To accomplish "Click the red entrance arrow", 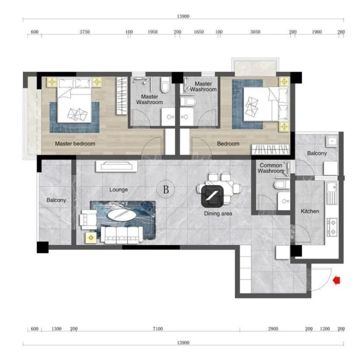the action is point(336,280).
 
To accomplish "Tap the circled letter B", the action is point(166,189).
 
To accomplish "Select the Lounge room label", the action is point(119,190).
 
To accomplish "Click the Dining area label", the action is point(218,214).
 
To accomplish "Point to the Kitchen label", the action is point(310,211).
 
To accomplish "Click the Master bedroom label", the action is point(75,144).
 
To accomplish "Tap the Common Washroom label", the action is point(271,168).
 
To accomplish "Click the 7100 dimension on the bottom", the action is point(158,329).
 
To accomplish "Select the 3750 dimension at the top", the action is point(85,32).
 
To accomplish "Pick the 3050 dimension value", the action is point(255,32).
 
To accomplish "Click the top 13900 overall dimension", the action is point(183,16).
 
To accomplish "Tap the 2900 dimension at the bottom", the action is point(273,329).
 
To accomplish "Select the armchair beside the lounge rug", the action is point(88,220).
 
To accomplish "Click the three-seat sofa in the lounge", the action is point(122,235).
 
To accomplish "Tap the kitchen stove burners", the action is point(332,227).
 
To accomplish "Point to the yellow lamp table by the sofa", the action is point(91,237).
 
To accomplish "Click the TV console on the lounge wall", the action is point(116,166).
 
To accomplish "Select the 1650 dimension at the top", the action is point(199,32).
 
